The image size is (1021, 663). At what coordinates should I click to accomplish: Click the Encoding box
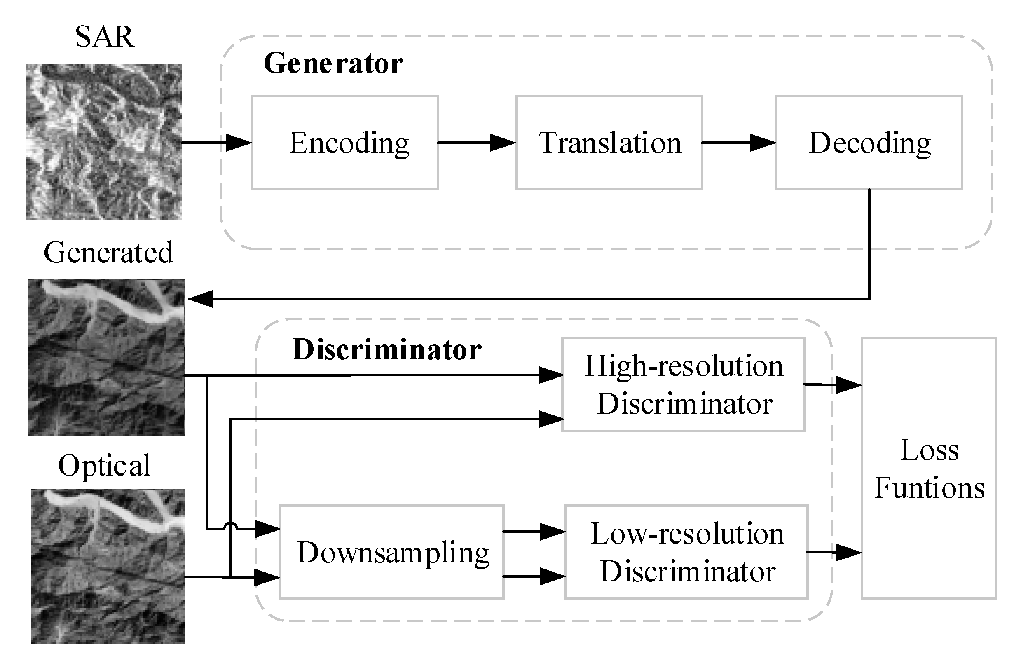coord(344,143)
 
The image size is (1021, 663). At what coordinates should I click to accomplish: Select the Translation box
coord(609,143)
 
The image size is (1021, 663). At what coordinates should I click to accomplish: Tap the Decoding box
coord(869,143)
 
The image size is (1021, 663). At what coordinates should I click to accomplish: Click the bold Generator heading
coord(333,63)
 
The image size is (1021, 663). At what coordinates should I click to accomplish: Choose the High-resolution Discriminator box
coord(683,384)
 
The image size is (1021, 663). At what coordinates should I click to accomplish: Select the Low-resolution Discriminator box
coord(686,552)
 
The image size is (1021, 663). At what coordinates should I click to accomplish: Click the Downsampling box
coord(392,552)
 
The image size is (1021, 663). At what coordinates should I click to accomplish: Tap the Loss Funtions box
coord(928,468)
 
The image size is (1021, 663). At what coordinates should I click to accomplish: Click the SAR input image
coord(103,142)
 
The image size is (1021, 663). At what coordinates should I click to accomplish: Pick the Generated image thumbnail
coord(106,358)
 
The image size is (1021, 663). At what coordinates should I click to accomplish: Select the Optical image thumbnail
coord(108,566)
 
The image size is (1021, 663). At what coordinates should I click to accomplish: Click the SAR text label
coord(104,37)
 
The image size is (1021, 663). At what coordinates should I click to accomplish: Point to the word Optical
coord(104,465)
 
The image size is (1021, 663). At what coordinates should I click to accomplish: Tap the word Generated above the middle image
coord(108,252)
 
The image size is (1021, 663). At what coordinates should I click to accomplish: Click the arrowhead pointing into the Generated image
coord(201,299)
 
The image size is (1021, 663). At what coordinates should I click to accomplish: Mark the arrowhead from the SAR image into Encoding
coord(238,143)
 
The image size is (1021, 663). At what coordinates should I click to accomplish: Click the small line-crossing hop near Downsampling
coord(230,526)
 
